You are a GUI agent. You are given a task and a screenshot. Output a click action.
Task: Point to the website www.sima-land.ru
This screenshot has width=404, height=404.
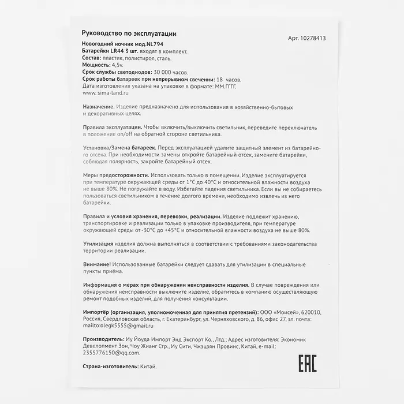coord(106,92)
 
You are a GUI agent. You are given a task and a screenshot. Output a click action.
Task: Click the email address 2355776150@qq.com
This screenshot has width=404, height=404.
coord(112,352)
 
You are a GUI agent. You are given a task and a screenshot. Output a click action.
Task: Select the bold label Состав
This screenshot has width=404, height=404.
coord(93,58)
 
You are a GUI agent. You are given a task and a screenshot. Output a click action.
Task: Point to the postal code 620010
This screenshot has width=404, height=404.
coord(309,312)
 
